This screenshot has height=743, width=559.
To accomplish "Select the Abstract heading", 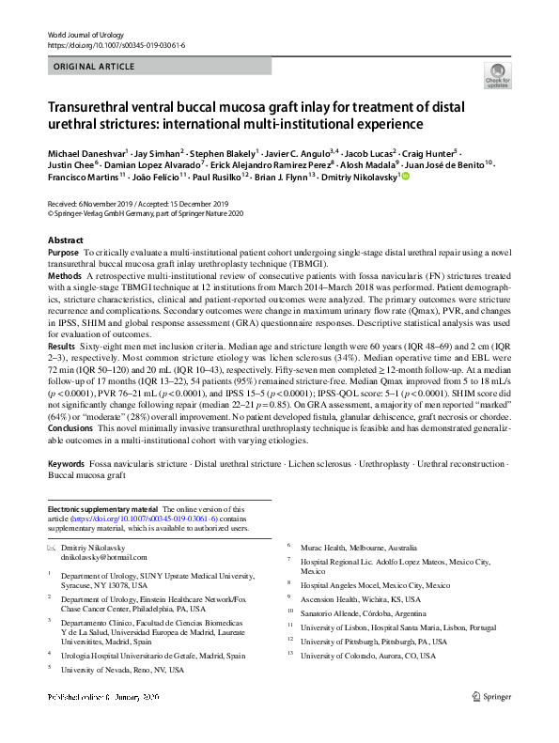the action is pos(65,240).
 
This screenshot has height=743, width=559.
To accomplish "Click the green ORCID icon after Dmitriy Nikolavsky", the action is pos(407,176).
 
